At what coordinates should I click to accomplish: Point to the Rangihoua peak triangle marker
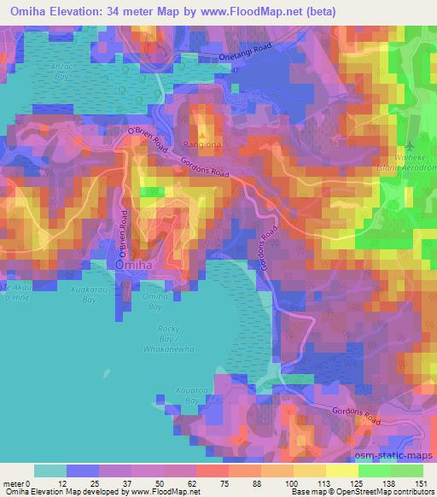pyautogui.click(x=202, y=134)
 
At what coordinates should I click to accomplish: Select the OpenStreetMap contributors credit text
pyautogui.click(x=384, y=492)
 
